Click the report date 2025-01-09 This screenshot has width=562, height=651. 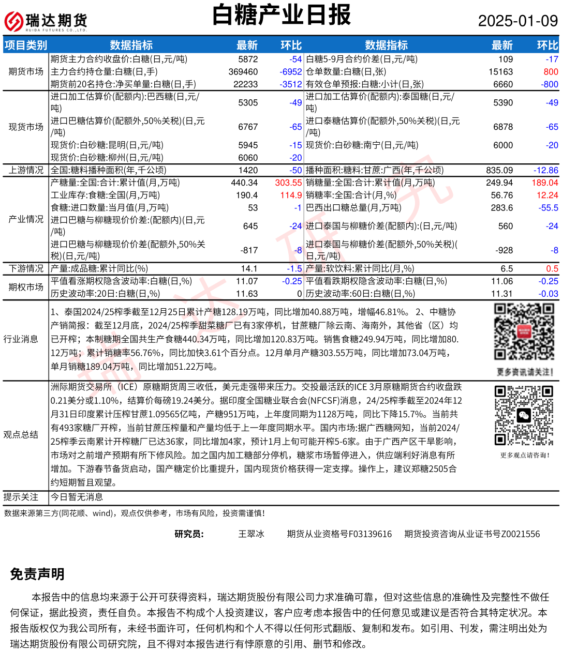(x=517, y=21)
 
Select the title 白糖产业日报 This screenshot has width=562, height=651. (x=282, y=15)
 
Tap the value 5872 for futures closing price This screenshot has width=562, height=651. (x=248, y=59)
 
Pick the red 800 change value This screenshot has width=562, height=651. (x=551, y=72)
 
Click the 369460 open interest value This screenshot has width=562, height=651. (x=243, y=72)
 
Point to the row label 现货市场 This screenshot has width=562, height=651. (x=26, y=127)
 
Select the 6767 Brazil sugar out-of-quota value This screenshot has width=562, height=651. (x=248, y=127)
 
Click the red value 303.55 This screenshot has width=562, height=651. (x=288, y=183)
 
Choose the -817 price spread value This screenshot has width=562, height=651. (x=249, y=250)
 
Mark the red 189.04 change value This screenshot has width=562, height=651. (x=544, y=183)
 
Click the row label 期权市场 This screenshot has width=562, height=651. (x=26, y=287)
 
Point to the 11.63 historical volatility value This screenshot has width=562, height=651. (x=247, y=294)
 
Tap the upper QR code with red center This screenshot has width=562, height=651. (x=524, y=331)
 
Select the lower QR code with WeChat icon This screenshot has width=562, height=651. (x=524, y=415)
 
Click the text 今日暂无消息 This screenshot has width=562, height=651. (x=77, y=497)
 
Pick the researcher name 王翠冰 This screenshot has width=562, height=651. (x=251, y=534)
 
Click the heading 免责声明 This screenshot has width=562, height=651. (x=37, y=574)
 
